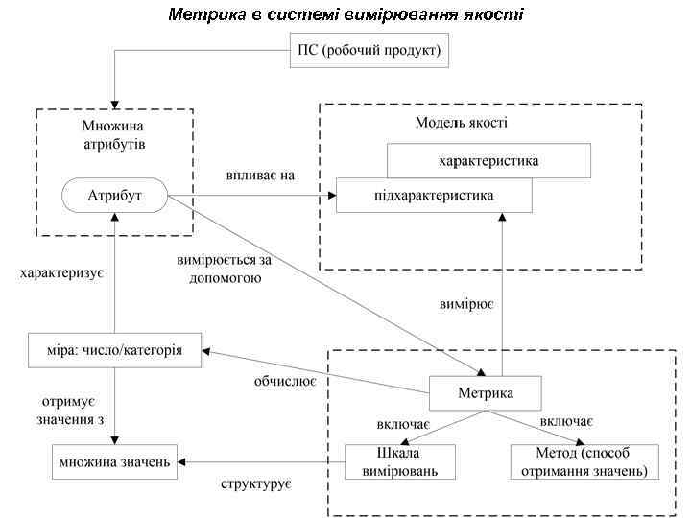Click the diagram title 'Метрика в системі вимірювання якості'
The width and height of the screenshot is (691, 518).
tap(345, 14)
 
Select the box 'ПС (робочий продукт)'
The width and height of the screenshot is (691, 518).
tap(369, 51)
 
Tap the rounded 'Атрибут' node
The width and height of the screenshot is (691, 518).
tap(115, 196)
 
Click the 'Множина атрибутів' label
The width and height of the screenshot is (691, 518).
tap(114, 133)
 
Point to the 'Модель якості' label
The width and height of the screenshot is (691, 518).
tap(462, 123)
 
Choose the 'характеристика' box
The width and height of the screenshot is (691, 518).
tap(488, 160)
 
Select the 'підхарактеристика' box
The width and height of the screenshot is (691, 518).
tap(434, 196)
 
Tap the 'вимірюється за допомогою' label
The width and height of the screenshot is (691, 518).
tap(220, 270)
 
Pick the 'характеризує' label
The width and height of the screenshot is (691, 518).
tap(61, 273)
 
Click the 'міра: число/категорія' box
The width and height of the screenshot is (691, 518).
tap(114, 350)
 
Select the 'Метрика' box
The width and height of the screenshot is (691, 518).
tap(485, 393)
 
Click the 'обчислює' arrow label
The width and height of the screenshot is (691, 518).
tap(285, 381)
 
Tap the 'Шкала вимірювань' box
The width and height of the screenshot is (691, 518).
tap(400, 461)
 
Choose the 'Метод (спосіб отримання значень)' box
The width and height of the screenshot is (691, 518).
tap(584, 461)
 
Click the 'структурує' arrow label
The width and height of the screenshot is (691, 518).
tap(256, 483)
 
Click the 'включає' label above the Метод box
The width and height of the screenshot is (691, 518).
tap(566, 421)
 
